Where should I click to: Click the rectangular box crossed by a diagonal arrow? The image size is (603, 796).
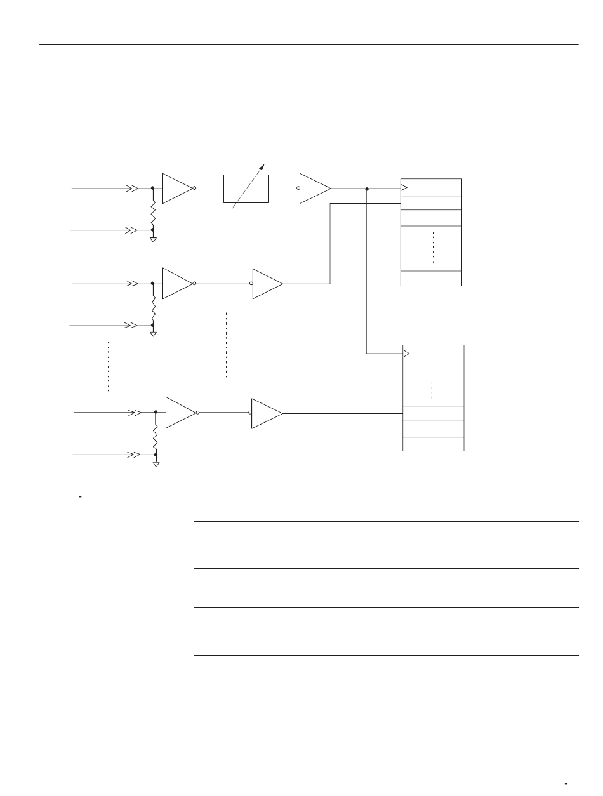click(x=246, y=189)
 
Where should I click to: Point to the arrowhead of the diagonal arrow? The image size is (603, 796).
click(x=262, y=167)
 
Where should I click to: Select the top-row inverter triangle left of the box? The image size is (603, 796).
click(x=177, y=189)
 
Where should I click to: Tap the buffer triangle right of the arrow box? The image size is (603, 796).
click(x=315, y=189)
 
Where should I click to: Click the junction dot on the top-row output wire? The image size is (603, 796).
click(x=367, y=189)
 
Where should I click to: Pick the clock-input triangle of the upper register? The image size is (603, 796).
click(x=404, y=188)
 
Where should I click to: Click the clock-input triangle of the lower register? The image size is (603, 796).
click(x=407, y=354)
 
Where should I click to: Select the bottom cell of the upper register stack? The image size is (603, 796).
click(x=431, y=278)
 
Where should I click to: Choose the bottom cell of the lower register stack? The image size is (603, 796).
click(x=434, y=444)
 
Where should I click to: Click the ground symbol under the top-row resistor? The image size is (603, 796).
click(x=152, y=239)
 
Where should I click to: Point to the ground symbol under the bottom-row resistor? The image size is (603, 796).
click(x=156, y=464)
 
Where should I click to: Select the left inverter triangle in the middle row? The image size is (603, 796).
click(x=177, y=284)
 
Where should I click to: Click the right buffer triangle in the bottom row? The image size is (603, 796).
click(x=267, y=413)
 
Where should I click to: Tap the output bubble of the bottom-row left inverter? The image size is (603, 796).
click(x=199, y=413)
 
